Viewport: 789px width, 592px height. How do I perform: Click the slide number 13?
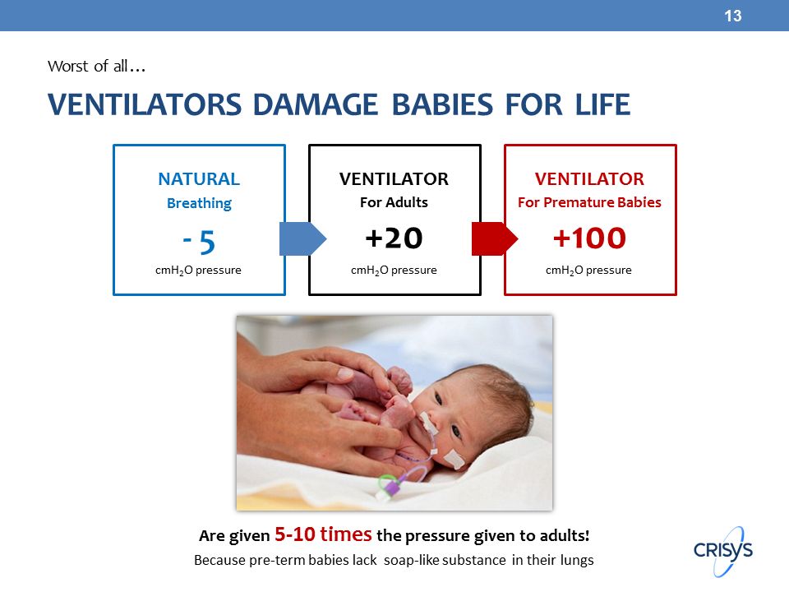click(732, 16)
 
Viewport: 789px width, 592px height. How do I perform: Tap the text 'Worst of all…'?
click(97, 66)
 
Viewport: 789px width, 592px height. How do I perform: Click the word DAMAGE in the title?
click(315, 104)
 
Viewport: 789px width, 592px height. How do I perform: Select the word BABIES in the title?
click(442, 104)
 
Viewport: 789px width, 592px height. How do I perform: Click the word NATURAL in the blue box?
click(199, 178)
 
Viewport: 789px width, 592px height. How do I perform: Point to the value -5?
click(199, 242)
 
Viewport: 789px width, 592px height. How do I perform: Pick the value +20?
click(394, 238)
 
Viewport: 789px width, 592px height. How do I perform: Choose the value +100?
click(589, 238)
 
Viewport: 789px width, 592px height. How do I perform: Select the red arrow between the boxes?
click(495, 238)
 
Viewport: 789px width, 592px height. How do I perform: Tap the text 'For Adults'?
click(394, 202)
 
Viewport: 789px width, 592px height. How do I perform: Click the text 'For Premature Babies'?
click(589, 202)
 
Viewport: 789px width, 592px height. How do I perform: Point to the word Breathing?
click(199, 203)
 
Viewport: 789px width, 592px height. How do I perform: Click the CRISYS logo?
click(723, 550)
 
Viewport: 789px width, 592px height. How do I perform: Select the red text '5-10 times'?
click(323, 534)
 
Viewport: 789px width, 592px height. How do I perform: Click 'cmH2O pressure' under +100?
click(588, 271)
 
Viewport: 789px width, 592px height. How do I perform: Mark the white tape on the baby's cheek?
click(454, 459)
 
